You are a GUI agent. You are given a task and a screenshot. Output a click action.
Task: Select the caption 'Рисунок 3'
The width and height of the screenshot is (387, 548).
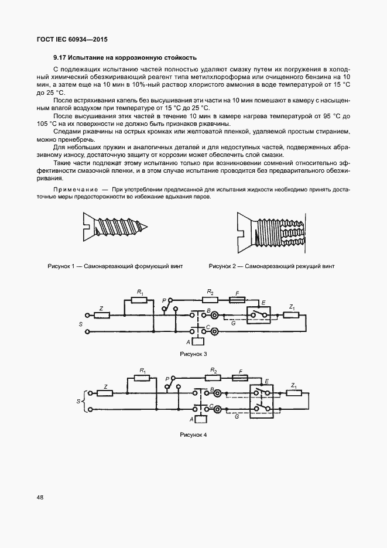(193, 354)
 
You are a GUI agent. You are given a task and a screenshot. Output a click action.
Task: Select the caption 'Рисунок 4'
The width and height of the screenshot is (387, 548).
(193, 435)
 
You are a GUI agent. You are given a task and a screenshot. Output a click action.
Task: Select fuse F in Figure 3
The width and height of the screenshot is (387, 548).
(237, 300)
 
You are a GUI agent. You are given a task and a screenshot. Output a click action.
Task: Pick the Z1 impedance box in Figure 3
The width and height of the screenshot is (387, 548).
(292, 316)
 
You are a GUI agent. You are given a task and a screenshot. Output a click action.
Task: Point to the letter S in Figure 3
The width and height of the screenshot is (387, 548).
(81, 323)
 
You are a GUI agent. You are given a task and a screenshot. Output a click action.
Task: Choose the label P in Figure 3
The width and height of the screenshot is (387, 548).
(165, 299)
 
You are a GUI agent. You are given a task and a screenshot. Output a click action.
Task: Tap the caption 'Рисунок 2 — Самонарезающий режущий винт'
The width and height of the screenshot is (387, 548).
(272, 266)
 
